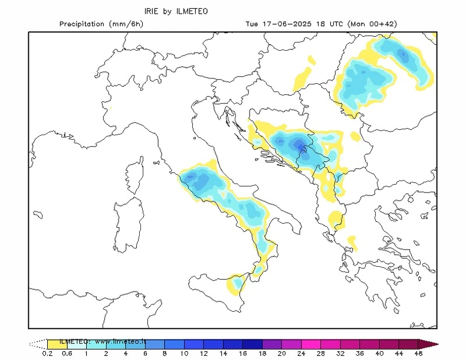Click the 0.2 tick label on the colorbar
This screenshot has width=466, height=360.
pos(47,354)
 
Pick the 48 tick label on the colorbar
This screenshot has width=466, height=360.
pos(418,354)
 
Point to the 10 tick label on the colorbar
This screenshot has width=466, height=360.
pos(184,354)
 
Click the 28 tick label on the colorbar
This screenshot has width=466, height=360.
pos(320,354)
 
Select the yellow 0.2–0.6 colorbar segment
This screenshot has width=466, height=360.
pos(57,343)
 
